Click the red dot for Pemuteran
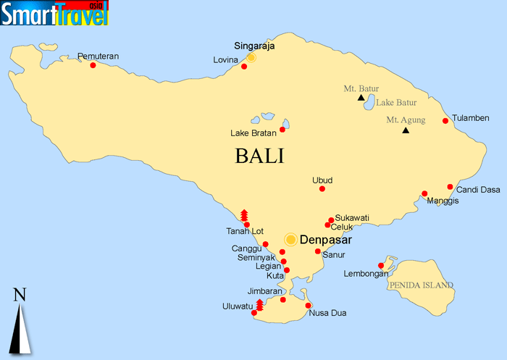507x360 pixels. pos(93,65)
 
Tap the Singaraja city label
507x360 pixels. pos(254,45)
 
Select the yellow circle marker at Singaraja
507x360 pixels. pos(251,57)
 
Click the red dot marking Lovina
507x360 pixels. pos(244,67)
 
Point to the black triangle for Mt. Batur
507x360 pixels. pos(361,97)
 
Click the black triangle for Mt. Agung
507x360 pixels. pos(406,130)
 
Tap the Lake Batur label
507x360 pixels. pos(396,104)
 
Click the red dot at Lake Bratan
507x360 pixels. pos(282,130)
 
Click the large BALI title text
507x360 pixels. pos(259,156)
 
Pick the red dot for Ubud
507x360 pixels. pos(322,189)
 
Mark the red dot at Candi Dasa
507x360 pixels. pos(450,186)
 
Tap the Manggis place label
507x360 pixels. pos(443,201)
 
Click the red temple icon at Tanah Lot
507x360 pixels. pos(244,215)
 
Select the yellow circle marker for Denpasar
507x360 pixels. pos(290,239)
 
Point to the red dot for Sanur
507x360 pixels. pos(318,251)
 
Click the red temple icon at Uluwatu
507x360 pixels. pos(259,304)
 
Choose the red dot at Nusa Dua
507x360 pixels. pos(309,305)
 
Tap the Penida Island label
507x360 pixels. pos(422,285)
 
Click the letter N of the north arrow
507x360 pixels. pos(20,294)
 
